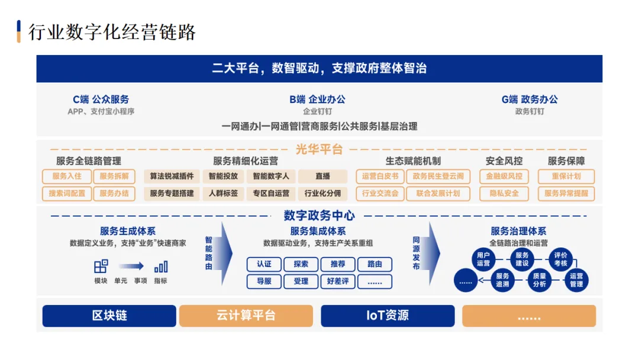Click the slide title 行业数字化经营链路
(112, 32)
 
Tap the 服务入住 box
(67, 176)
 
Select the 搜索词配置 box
(67, 194)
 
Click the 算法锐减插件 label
(172, 176)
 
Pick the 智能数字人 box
(271, 176)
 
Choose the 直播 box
(322, 176)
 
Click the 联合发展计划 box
(438, 194)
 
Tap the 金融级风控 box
(504, 176)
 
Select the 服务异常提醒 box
(566, 194)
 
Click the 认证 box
(264, 264)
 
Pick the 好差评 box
(337, 281)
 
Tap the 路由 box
(375, 264)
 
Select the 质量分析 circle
(539, 280)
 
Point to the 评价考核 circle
(560, 259)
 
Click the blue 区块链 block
(109, 316)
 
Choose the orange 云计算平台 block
(246, 316)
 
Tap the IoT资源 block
(388, 316)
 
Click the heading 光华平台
(319, 150)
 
